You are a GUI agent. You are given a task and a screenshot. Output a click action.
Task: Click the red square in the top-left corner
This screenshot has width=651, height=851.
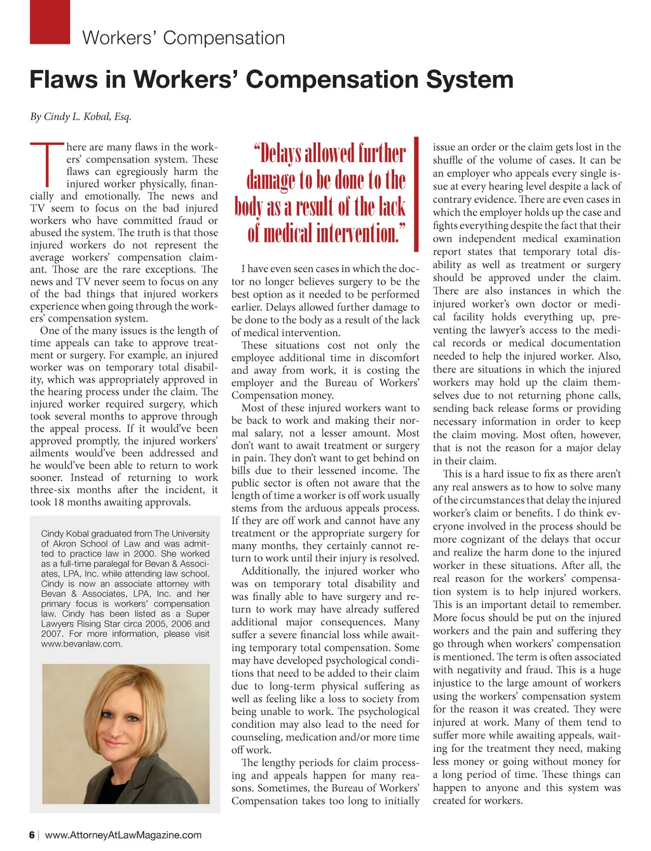pos(50,22)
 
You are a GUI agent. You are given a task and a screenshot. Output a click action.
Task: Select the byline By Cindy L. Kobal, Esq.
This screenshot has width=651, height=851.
pos(81,116)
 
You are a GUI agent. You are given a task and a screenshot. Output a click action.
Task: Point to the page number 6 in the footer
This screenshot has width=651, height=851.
pos(32,835)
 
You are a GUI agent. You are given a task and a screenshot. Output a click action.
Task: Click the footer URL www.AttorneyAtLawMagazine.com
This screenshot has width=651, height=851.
pos(123,835)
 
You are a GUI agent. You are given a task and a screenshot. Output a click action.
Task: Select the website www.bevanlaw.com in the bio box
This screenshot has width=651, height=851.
pos(81,644)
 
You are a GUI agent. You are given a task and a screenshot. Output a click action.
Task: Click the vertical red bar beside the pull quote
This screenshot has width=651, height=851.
pos(416,193)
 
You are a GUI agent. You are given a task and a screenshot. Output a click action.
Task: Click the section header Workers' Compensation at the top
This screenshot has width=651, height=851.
pos(184,38)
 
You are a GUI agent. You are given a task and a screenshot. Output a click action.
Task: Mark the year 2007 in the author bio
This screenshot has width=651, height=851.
pos(51,634)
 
